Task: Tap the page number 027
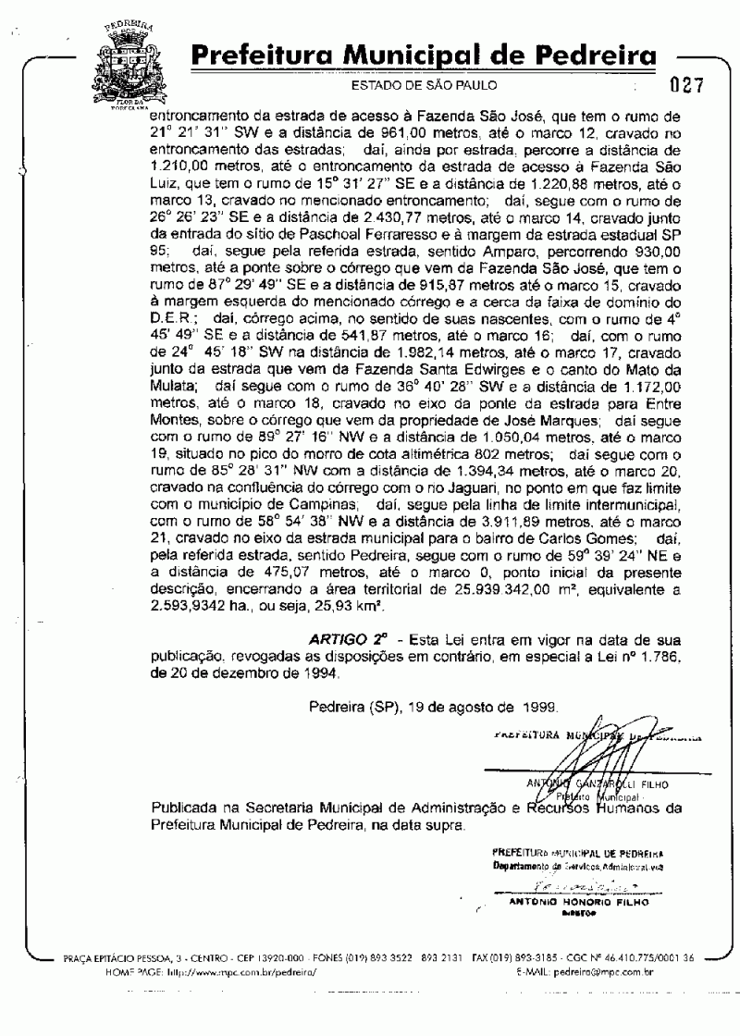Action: point(686,87)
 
